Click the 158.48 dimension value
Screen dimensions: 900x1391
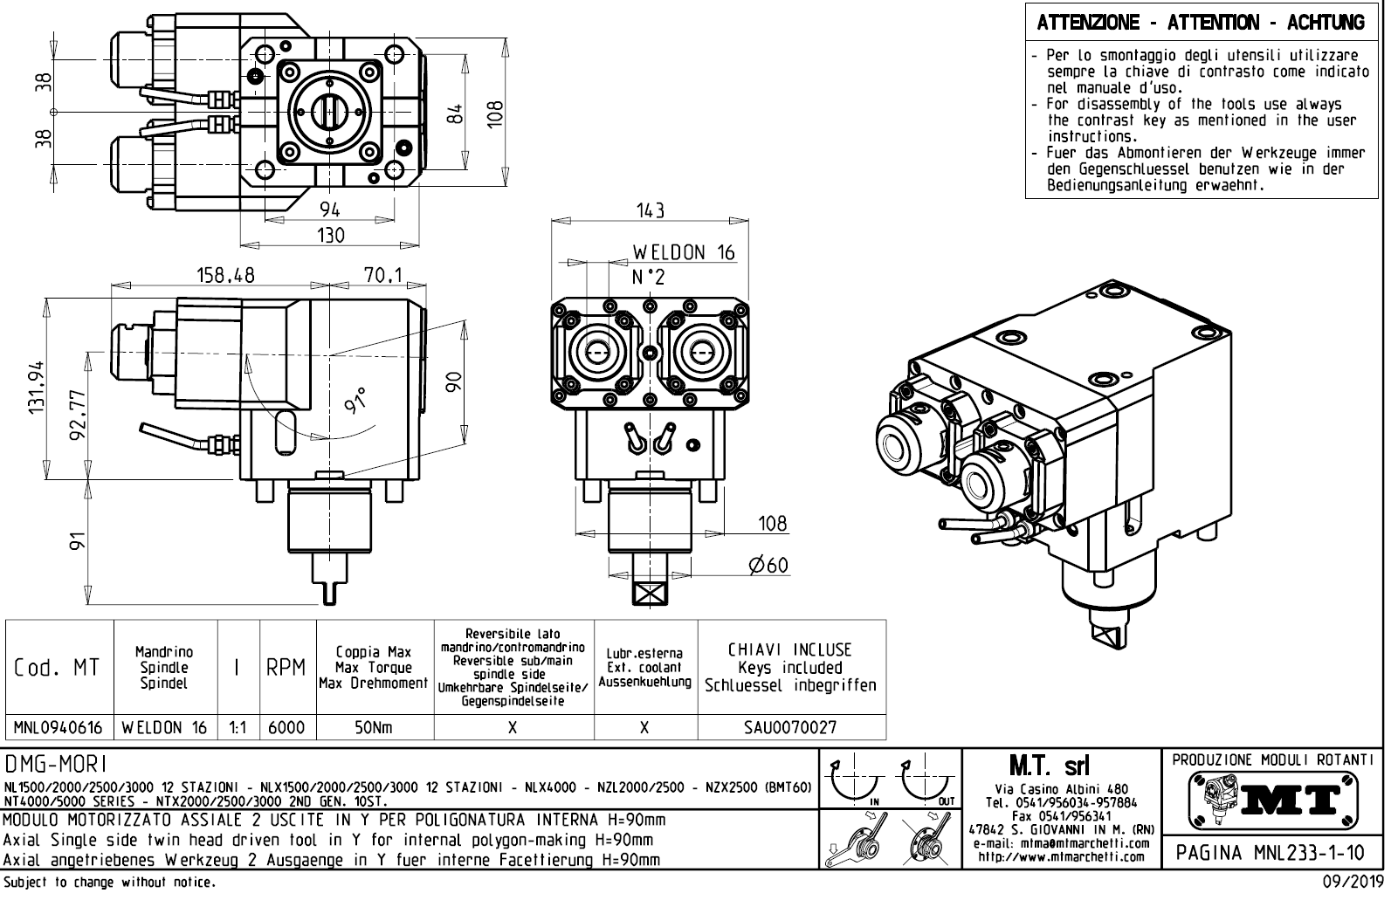pyautogui.click(x=225, y=275)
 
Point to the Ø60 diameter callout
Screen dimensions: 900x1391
pyautogui.click(x=768, y=566)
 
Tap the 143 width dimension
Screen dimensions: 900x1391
pyautogui.click(x=650, y=210)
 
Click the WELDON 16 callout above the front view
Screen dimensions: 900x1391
pyautogui.click(x=684, y=253)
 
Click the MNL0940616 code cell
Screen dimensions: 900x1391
pyautogui.click(x=59, y=728)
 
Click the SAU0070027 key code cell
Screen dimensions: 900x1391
pyautogui.click(x=790, y=728)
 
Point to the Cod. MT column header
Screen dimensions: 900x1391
pyautogui.click(x=58, y=668)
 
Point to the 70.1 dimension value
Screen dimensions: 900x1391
pyautogui.click(x=382, y=275)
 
